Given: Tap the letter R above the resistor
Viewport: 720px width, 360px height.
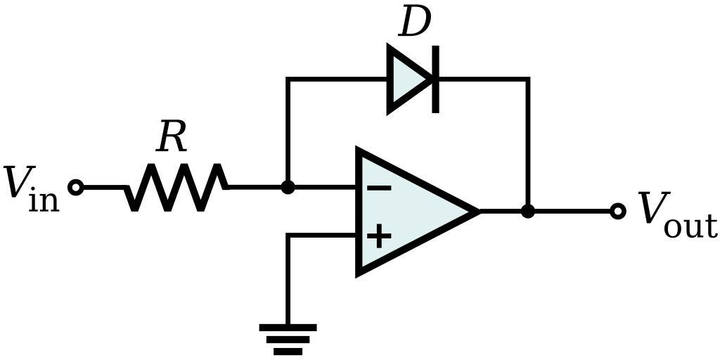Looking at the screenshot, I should [172, 137].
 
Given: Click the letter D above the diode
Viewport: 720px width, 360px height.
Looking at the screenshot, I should [414, 22].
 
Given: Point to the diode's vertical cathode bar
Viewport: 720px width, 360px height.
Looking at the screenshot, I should [436, 79].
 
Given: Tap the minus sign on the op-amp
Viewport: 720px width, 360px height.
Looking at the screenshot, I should [379, 188].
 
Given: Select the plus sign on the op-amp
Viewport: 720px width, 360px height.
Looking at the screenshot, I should [379, 236].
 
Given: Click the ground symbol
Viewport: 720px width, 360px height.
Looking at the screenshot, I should [288, 338].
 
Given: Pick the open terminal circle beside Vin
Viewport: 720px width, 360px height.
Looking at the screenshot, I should [77, 188].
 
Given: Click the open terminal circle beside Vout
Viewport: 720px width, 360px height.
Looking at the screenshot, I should [617, 211].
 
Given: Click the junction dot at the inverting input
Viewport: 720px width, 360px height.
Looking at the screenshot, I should [288, 188].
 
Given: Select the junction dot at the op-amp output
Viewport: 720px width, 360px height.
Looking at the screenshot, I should [528, 211].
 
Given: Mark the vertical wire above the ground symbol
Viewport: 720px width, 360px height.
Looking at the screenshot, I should [288, 281].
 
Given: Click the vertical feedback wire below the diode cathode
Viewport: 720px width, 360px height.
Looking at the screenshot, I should [528, 141].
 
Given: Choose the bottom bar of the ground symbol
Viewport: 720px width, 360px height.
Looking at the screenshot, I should [288, 351].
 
